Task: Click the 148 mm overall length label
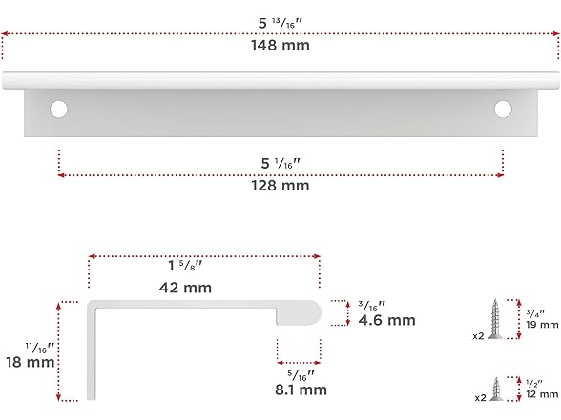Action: pyautogui.click(x=280, y=45)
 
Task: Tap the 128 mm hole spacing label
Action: pyautogui.click(x=280, y=186)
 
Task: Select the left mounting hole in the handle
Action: pyautogui.click(x=59, y=109)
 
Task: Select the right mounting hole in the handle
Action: pyautogui.click(x=503, y=109)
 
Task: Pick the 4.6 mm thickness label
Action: pyautogui.click(x=386, y=321)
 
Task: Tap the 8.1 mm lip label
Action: pyautogui.click(x=301, y=389)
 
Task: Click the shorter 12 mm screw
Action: pyautogui.click(x=496, y=388)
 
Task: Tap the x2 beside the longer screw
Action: pyautogui.click(x=477, y=336)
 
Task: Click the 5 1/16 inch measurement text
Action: pyautogui.click(x=280, y=164)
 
